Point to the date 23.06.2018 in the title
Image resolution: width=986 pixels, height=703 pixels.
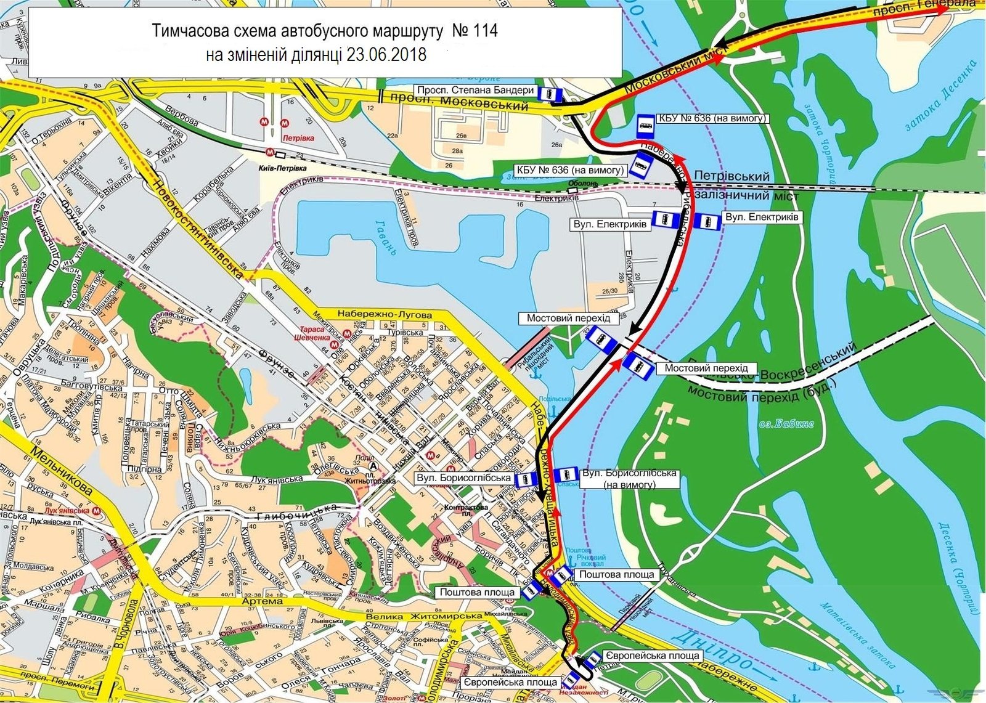click(x=386, y=54)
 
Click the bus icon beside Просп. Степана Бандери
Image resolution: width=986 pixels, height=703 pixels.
click(x=550, y=94)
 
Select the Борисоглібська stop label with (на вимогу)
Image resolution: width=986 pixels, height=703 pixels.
click(x=629, y=479)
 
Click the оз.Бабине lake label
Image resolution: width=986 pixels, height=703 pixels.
click(x=786, y=424)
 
